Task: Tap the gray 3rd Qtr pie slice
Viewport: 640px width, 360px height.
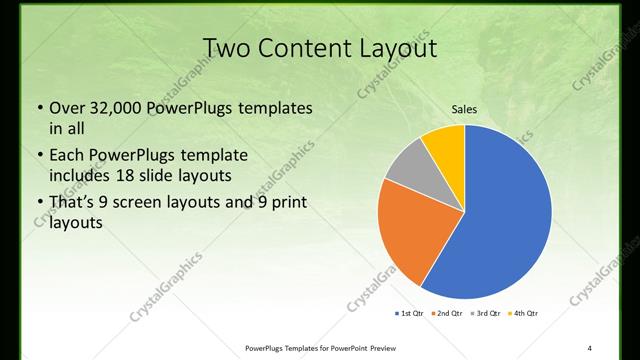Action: click(x=408, y=165)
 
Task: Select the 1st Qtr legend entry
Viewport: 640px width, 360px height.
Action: click(x=410, y=314)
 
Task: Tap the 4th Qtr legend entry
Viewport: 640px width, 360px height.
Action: click(x=524, y=314)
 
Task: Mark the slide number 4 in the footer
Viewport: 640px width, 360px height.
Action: click(x=589, y=347)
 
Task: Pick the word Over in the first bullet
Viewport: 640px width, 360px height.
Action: click(x=67, y=108)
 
